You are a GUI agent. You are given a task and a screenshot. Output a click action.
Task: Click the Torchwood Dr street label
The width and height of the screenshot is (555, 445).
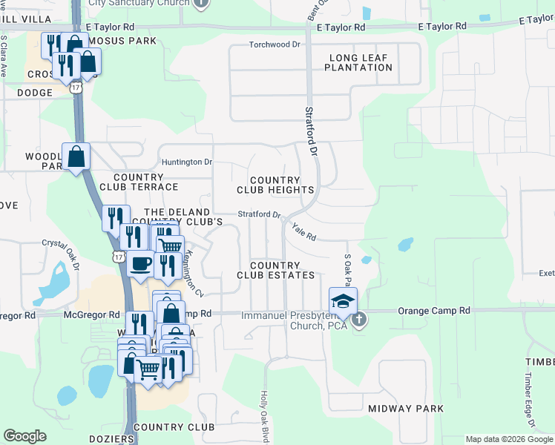[275, 44]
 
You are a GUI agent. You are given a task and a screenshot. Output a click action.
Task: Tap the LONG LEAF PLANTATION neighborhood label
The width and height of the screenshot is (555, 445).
[358, 62]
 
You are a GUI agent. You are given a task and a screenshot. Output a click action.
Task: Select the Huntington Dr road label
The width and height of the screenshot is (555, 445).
[186, 162]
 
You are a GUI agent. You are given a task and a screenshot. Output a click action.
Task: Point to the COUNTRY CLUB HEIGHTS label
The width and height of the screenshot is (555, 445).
[275, 185]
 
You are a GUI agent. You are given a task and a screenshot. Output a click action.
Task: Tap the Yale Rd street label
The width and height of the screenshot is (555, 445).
[304, 232]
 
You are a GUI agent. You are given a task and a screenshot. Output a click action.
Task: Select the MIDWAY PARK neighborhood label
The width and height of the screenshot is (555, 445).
[405, 409]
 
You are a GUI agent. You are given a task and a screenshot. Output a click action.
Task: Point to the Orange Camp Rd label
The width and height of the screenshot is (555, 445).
[434, 311]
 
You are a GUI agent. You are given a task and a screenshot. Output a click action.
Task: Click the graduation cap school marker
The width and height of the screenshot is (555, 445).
[344, 301]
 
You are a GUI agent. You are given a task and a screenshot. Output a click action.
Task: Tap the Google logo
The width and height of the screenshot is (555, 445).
[24, 436]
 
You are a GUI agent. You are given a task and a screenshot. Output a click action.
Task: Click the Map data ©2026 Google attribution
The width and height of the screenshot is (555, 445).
[509, 439]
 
